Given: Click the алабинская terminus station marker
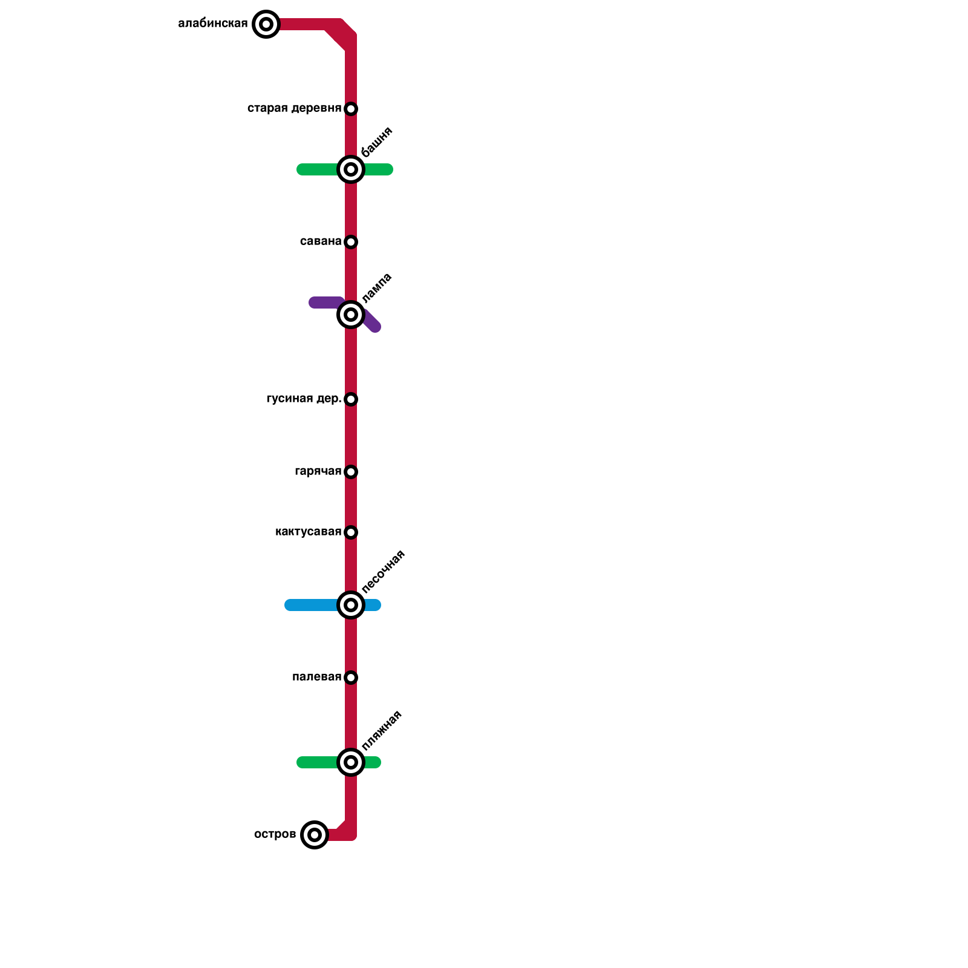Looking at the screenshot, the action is [x=266, y=24].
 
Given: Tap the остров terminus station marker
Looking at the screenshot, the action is [x=314, y=835].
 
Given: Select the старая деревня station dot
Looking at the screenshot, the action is [x=351, y=109].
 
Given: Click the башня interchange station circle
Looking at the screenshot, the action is [x=351, y=169].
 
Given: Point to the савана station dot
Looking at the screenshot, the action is [x=351, y=242].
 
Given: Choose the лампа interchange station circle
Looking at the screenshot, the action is [x=351, y=315].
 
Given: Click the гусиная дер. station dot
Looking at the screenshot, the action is [x=351, y=399].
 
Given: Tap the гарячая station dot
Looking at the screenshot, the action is [x=351, y=472].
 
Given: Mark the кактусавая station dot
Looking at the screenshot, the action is [x=351, y=532].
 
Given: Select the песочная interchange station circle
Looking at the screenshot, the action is [x=351, y=605].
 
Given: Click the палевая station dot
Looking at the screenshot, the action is [x=351, y=678].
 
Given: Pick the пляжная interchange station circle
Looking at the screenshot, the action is [x=351, y=762].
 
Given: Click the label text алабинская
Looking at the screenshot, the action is [x=213, y=24].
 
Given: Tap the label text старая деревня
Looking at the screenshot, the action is [x=294, y=109].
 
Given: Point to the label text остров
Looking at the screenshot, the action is [x=275, y=835].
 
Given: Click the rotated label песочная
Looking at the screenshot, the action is [x=382, y=572].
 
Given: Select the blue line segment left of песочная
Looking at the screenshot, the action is [x=312, y=605].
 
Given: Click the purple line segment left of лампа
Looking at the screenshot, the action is [x=324, y=302].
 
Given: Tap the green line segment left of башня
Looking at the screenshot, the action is [x=318, y=169].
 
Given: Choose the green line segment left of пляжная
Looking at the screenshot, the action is [x=318, y=762].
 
